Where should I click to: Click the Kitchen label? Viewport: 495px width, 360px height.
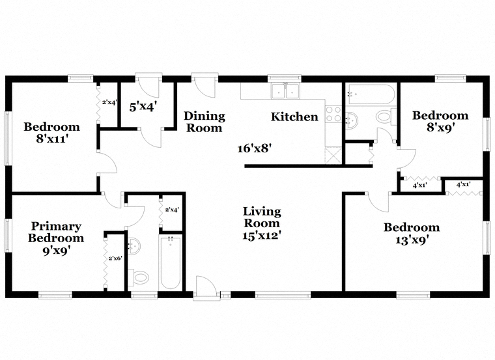click(294, 117)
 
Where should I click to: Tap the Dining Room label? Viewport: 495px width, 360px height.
click(205, 122)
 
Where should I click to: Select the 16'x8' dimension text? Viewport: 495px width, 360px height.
click(255, 148)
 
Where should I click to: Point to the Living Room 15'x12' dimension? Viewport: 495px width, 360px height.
click(262, 236)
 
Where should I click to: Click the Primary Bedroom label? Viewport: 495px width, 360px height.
click(56, 232)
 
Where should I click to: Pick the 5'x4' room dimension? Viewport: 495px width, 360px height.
click(143, 107)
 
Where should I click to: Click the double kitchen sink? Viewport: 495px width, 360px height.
click(285, 91)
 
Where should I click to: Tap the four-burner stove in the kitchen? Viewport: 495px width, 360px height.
click(333, 114)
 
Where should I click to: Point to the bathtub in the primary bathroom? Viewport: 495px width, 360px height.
click(171, 262)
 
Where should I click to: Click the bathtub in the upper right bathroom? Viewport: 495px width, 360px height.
click(370, 94)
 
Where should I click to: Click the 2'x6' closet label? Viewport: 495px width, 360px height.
click(115, 258)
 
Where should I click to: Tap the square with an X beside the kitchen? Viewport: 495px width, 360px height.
click(333, 156)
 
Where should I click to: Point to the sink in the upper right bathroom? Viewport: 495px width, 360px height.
click(352, 120)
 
